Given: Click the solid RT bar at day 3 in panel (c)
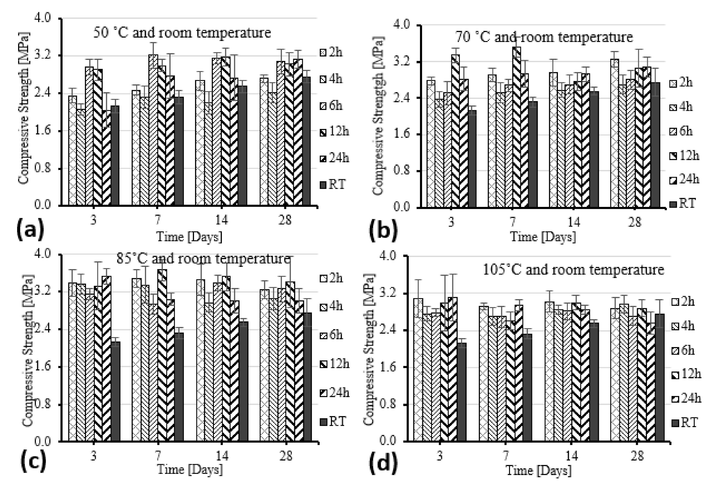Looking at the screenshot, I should click(x=115, y=391).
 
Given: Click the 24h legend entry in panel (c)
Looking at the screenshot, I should click(x=335, y=393).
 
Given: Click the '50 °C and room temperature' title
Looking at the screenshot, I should click(x=182, y=32).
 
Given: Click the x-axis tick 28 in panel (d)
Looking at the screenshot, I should click(x=637, y=456).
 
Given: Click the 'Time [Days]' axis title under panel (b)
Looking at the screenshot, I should click(x=542, y=237).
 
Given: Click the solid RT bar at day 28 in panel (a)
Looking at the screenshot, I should click(x=306, y=141).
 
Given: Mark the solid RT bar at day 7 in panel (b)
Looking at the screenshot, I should click(x=533, y=154).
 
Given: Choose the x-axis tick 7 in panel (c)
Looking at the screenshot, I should click(x=158, y=456).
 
